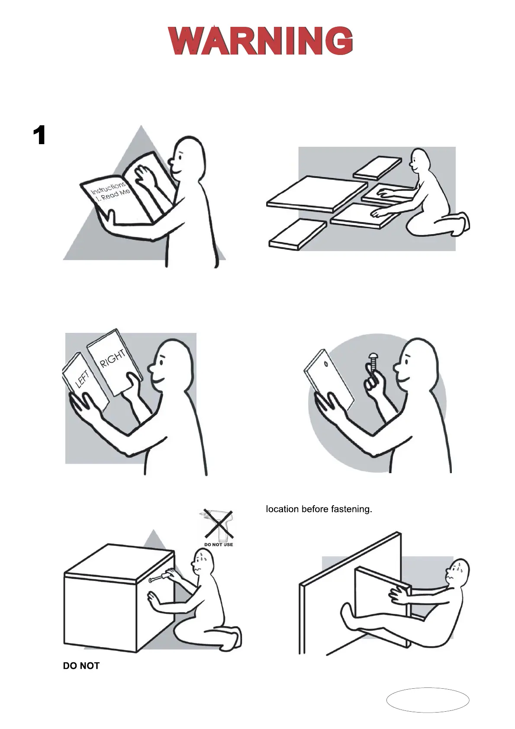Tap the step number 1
(40, 135)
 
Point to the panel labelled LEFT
(86, 381)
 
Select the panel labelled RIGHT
(115, 362)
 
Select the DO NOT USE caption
(219, 545)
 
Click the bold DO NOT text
(81, 666)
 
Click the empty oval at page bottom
(428, 700)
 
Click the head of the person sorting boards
(420, 161)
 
